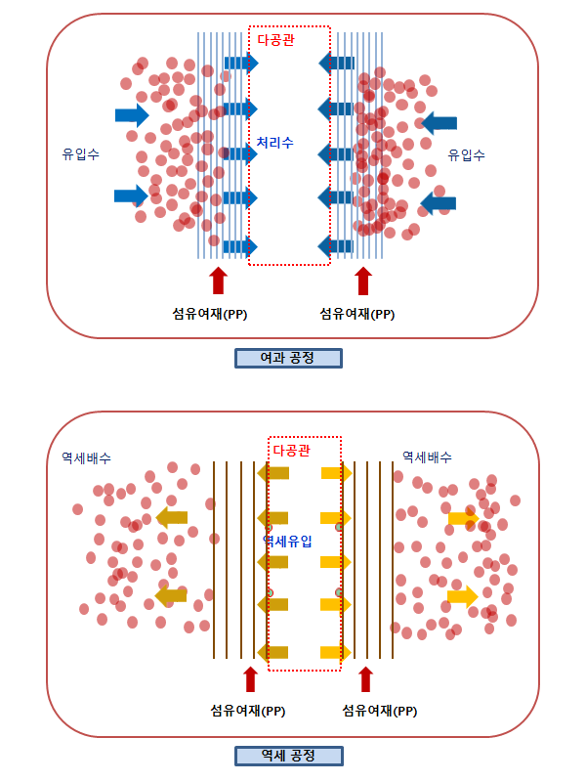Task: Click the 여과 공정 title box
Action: click(x=288, y=358)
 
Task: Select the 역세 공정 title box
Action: click(x=288, y=756)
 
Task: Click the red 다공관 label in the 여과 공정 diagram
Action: click(x=275, y=40)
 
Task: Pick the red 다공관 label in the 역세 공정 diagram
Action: click(x=291, y=451)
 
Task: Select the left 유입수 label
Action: click(x=80, y=154)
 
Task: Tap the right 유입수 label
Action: click(x=467, y=154)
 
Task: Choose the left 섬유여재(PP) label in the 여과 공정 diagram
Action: click(x=208, y=314)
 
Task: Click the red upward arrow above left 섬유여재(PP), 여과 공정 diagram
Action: click(x=218, y=281)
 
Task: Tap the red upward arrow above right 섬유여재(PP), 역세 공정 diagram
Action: click(x=366, y=678)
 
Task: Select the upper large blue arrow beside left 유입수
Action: click(x=131, y=115)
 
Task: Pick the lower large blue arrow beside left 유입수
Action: click(x=131, y=195)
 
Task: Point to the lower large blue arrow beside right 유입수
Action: click(x=438, y=202)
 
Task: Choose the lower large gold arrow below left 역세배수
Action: click(x=171, y=594)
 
